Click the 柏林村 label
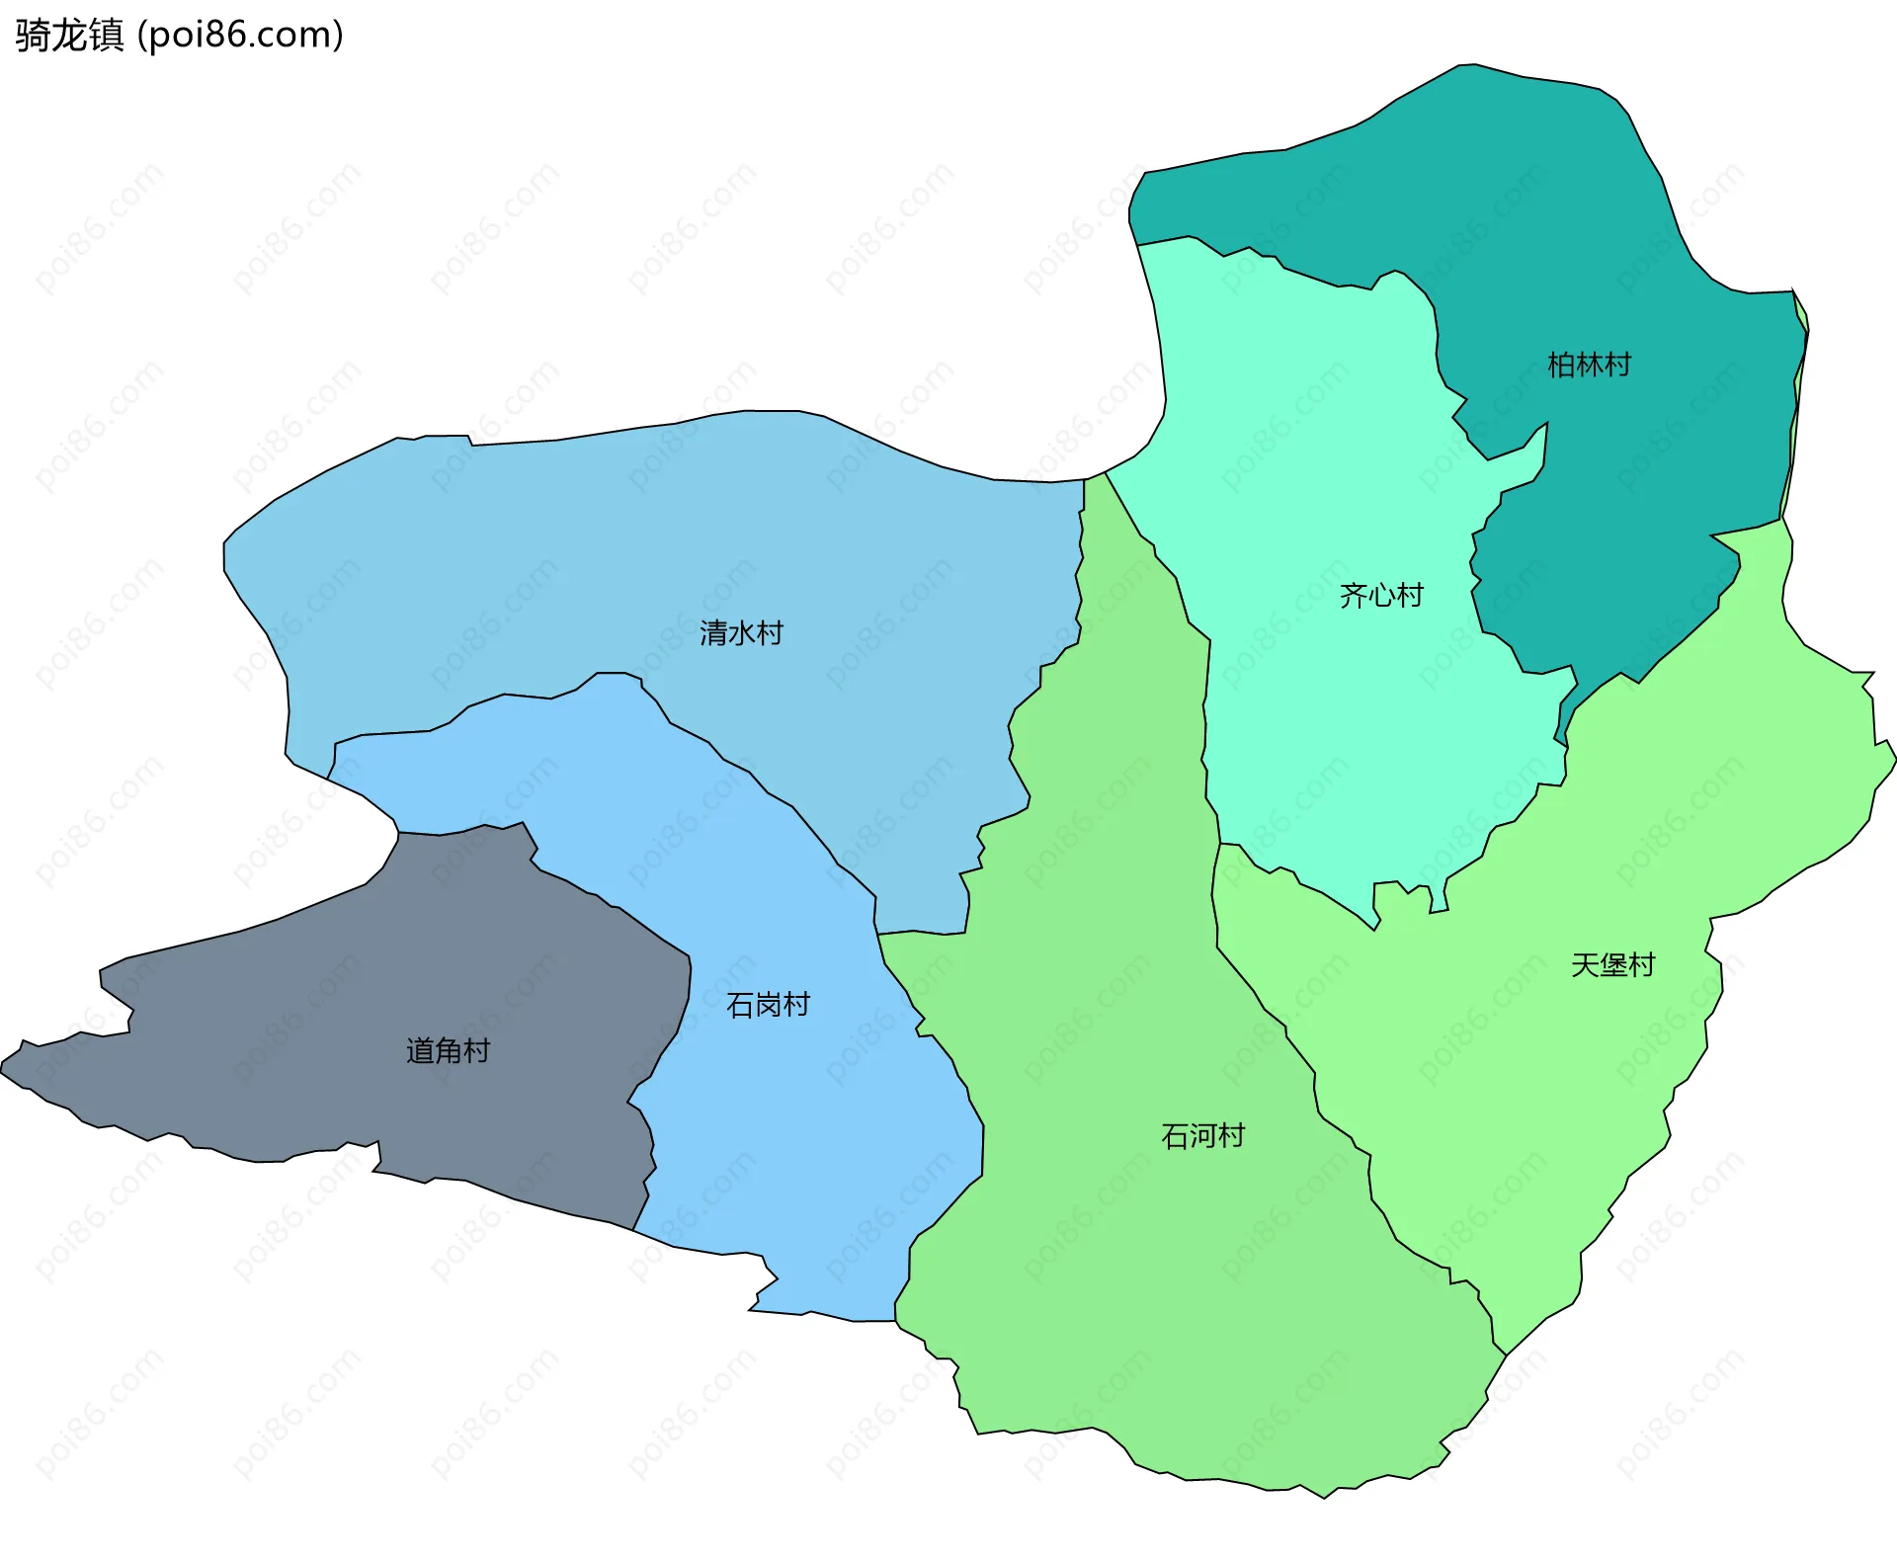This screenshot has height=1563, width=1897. pyautogui.click(x=1589, y=366)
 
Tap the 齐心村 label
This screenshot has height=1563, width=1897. pyautogui.click(x=1381, y=595)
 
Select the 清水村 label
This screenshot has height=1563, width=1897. pyautogui.click(x=741, y=633)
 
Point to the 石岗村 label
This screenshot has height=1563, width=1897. pyautogui.click(x=768, y=1005)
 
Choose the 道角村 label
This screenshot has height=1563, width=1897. pyautogui.click(x=448, y=1050)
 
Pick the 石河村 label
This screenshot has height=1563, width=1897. pyautogui.click(x=1202, y=1136)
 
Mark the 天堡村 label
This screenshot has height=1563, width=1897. pyautogui.click(x=1612, y=965)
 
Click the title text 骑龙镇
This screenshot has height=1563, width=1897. pyautogui.click(x=69, y=36)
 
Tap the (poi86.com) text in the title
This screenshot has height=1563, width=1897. pyautogui.click(x=240, y=36)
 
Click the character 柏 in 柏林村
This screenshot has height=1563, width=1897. pyautogui.click(x=1561, y=366)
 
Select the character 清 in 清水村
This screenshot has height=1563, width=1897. pyautogui.click(x=713, y=633)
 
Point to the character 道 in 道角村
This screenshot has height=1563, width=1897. pyautogui.click(x=420, y=1050)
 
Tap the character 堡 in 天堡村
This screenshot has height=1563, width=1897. pyautogui.click(x=1613, y=965)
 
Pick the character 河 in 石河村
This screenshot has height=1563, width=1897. pyautogui.click(x=1203, y=1136)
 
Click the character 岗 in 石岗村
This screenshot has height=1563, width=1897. pyautogui.click(x=769, y=1005)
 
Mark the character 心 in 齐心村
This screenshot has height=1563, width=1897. pyautogui.click(x=1382, y=595)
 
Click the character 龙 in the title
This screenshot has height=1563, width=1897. pyautogui.click(x=69, y=36)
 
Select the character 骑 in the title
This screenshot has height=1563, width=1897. pyautogui.click(x=33, y=36)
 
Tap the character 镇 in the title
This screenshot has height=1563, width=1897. pyautogui.click(x=106, y=36)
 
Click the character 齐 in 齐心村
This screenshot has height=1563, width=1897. pyautogui.click(x=1354, y=595)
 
